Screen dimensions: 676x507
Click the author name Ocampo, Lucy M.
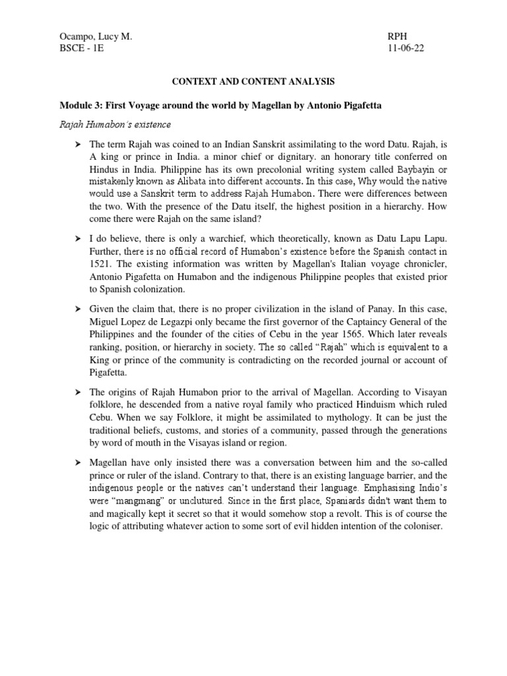(x=95, y=38)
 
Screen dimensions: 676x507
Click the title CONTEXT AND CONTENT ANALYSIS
(x=253, y=82)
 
